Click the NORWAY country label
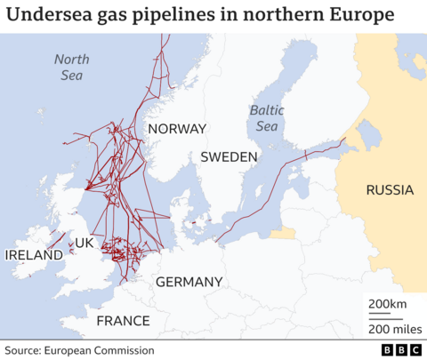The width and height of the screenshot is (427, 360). pos(176,129)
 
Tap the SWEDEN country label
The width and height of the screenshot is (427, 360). pos(229,156)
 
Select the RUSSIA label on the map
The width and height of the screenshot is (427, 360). pos(390,189)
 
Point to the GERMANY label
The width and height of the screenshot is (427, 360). pos(189,282)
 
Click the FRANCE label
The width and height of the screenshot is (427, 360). pos(123,320)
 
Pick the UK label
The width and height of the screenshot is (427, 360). pos(85,243)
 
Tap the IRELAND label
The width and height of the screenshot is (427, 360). pos(34,255)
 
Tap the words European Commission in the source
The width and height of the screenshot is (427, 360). pos(110,350)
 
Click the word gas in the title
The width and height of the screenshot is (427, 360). pos(115,17)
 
